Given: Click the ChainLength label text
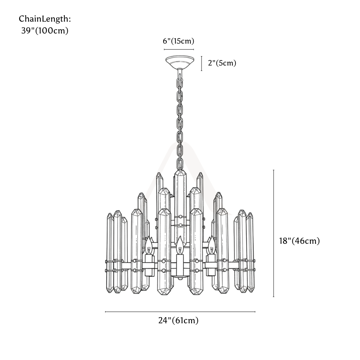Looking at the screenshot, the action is pyautogui.click(x=45, y=19).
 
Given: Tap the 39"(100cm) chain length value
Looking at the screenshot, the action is pyautogui.click(x=45, y=31).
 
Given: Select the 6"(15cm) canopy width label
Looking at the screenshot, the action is pyautogui.click(x=179, y=41).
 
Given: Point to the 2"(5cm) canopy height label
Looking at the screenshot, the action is pyautogui.click(x=222, y=63).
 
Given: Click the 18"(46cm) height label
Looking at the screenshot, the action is pyautogui.click(x=300, y=241).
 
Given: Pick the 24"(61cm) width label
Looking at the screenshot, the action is pyautogui.click(x=179, y=320).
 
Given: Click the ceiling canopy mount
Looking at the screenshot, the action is pyautogui.click(x=180, y=62).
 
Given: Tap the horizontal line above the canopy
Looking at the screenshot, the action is pyautogui.click(x=179, y=49).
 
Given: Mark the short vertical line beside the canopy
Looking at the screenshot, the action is pyautogui.click(x=202, y=63).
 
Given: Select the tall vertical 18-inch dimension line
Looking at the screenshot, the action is pyautogui.click(x=274, y=233).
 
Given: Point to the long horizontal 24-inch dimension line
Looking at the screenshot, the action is pyautogui.click(x=180, y=312).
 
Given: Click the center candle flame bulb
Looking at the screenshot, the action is pyautogui.click(x=179, y=245).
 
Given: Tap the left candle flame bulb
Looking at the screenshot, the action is pyautogui.click(x=149, y=245).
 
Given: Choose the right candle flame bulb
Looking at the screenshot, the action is pyautogui.click(x=211, y=245).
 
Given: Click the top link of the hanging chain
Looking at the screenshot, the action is pyautogui.click(x=180, y=74).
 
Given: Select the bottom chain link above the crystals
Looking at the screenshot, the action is pyautogui.click(x=180, y=163).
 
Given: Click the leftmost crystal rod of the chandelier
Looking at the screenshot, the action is pyautogui.click(x=110, y=253).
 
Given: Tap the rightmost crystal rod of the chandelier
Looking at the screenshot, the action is pyautogui.click(x=250, y=252).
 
